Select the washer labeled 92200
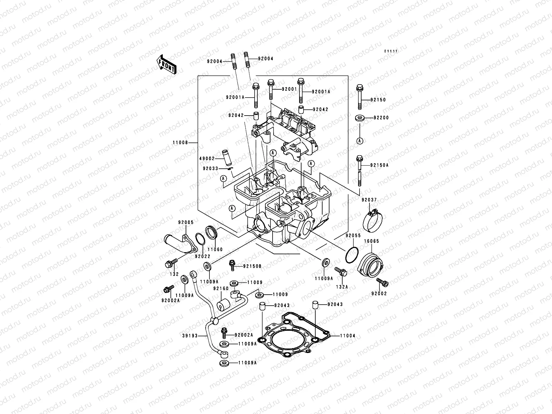point(360,118)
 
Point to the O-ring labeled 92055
point(351,255)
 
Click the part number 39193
point(189,335)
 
